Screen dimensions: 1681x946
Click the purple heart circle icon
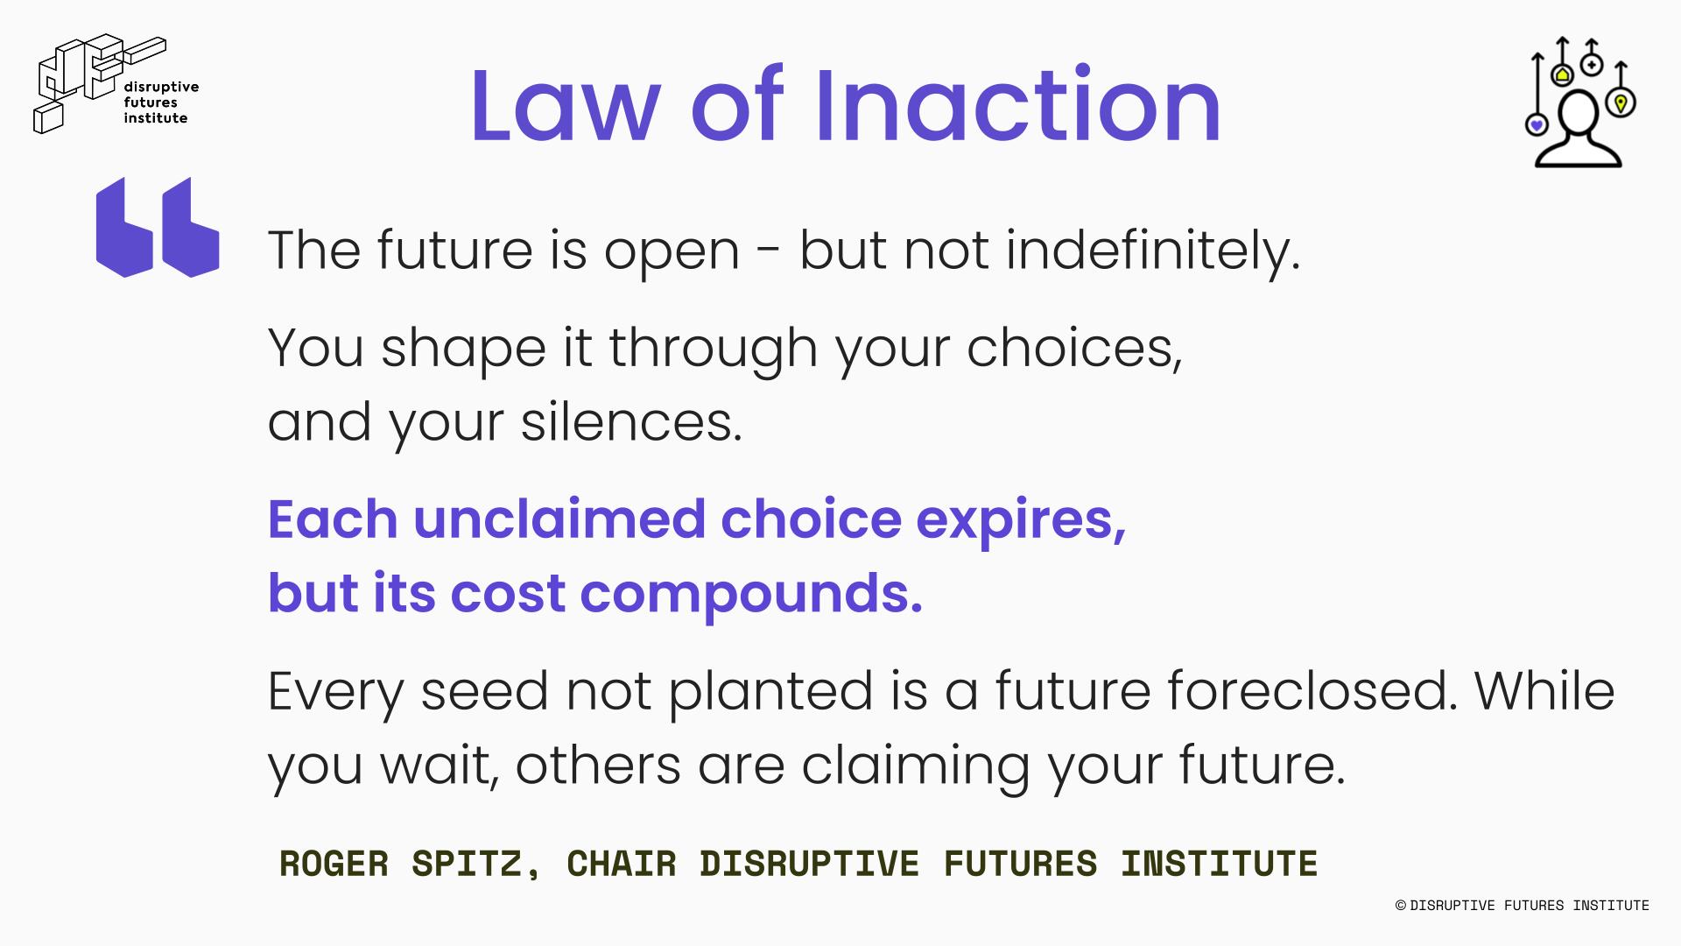[x=1537, y=125]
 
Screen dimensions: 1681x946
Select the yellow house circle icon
[x=1563, y=75]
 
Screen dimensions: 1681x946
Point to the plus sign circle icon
[x=1592, y=65]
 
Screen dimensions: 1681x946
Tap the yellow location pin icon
[x=1621, y=103]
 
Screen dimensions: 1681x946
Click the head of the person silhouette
[x=1582, y=115]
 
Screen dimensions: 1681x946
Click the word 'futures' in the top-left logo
[x=151, y=102]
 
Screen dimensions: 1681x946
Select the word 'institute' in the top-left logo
[x=156, y=118]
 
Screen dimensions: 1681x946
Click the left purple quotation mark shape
[x=124, y=228]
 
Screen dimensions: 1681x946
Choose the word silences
[x=631, y=421]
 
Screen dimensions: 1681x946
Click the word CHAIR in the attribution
[x=621, y=864]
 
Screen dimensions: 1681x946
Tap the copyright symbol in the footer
[x=1401, y=906]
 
